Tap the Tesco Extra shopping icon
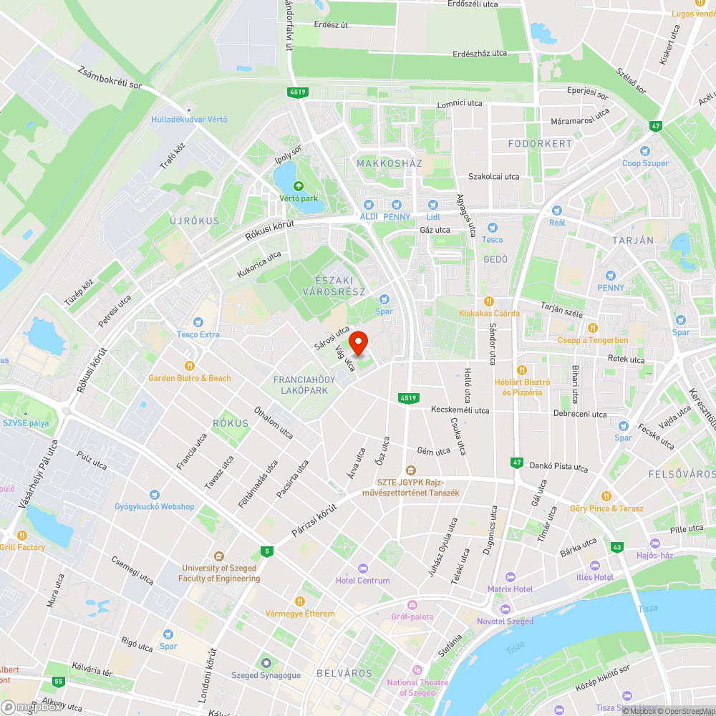pyautogui.click(x=198, y=323)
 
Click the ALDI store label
pyautogui.click(x=369, y=216)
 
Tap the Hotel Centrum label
pyautogui.click(x=363, y=581)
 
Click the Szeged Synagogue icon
pyautogui.click(x=266, y=663)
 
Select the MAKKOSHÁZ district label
pyautogui.click(x=390, y=163)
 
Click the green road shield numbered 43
pyautogui.click(x=617, y=548)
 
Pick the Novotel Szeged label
pyautogui.click(x=505, y=621)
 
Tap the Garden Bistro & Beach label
pyautogui.click(x=190, y=377)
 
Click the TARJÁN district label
pyautogui.click(x=633, y=240)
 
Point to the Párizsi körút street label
pyautogui.click(x=314, y=520)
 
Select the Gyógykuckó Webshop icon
pyautogui.click(x=155, y=495)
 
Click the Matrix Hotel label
pyautogui.click(x=510, y=589)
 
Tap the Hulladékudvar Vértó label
pyautogui.click(x=189, y=120)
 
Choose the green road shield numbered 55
pyautogui.click(x=58, y=681)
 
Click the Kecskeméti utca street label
pyautogui.click(x=460, y=410)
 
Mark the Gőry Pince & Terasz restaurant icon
pyautogui.click(x=606, y=496)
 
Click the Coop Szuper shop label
pyautogui.click(x=645, y=163)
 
